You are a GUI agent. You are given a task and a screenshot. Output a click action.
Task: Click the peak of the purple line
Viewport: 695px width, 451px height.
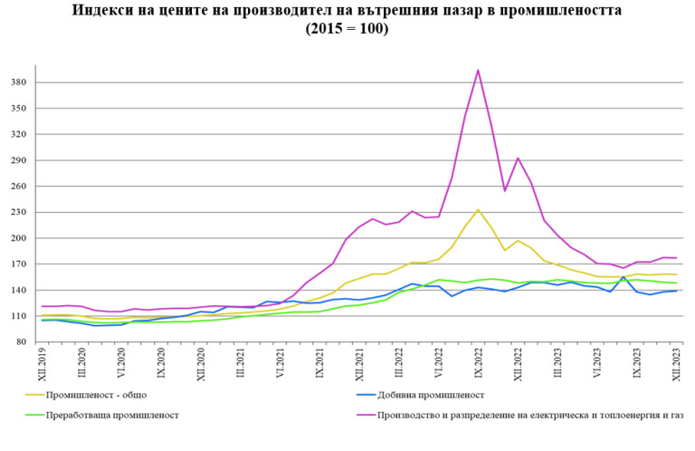point(478,70)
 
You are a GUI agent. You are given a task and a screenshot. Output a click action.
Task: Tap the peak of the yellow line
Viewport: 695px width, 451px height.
point(478,210)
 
